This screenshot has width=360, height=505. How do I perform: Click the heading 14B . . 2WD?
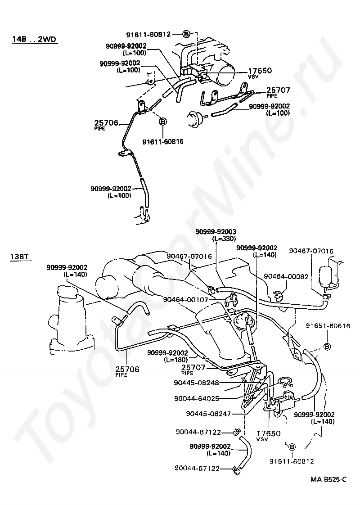(x=34, y=40)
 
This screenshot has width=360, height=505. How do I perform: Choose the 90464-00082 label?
(x=286, y=276)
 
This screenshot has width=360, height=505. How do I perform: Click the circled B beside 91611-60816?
(x=163, y=122)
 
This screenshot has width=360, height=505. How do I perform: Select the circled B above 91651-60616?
(x=327, y=347)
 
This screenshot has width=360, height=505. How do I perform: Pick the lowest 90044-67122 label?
(x=198, y=469)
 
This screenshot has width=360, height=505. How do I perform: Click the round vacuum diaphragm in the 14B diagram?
(x=196, y=117)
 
